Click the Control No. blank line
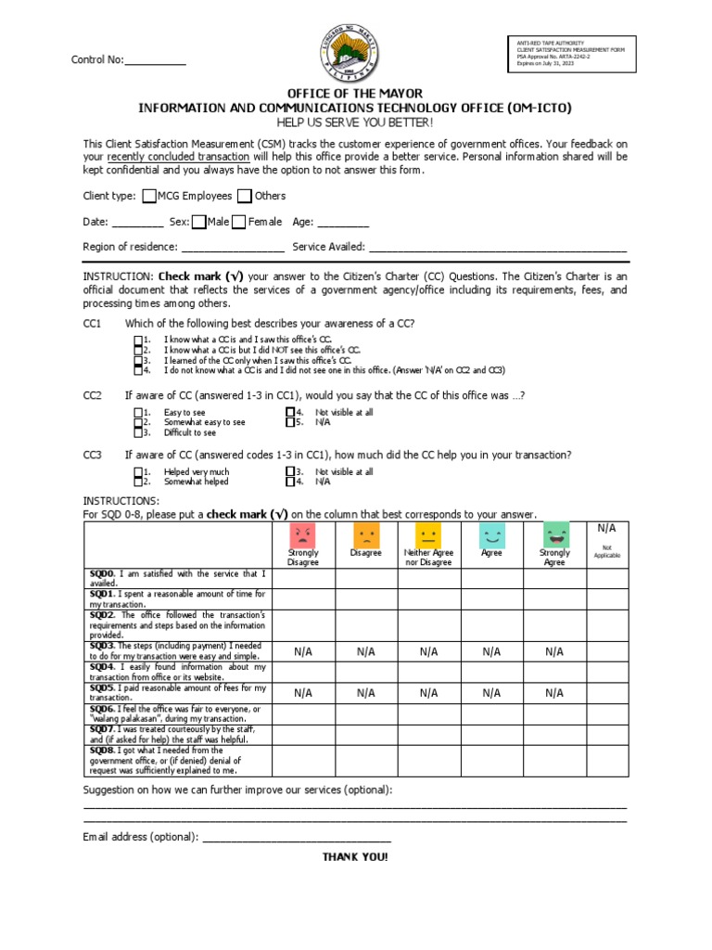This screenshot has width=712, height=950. [155, 62]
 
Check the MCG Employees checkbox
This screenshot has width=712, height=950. [149, 196]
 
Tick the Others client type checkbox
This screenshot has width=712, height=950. [244, 196]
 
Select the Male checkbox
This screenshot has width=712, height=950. [199, 222]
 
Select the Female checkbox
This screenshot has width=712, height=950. [239, 222]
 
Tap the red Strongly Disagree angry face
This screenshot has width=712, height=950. [303, 534]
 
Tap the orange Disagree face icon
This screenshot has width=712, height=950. [365, 534]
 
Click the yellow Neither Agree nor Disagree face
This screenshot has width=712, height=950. [428, 534]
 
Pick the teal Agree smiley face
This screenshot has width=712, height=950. [491, 534]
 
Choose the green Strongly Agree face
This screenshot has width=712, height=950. [554, 534]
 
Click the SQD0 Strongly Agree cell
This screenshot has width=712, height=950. [554, 578]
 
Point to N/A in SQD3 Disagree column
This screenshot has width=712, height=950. [365, 651]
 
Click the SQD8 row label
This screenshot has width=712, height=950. [178, 760]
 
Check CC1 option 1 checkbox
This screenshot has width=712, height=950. [138, 340]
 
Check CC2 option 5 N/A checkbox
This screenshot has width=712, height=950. [291, 422]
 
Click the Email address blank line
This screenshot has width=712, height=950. [296, 839]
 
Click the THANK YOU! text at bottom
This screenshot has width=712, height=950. [355, 856]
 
